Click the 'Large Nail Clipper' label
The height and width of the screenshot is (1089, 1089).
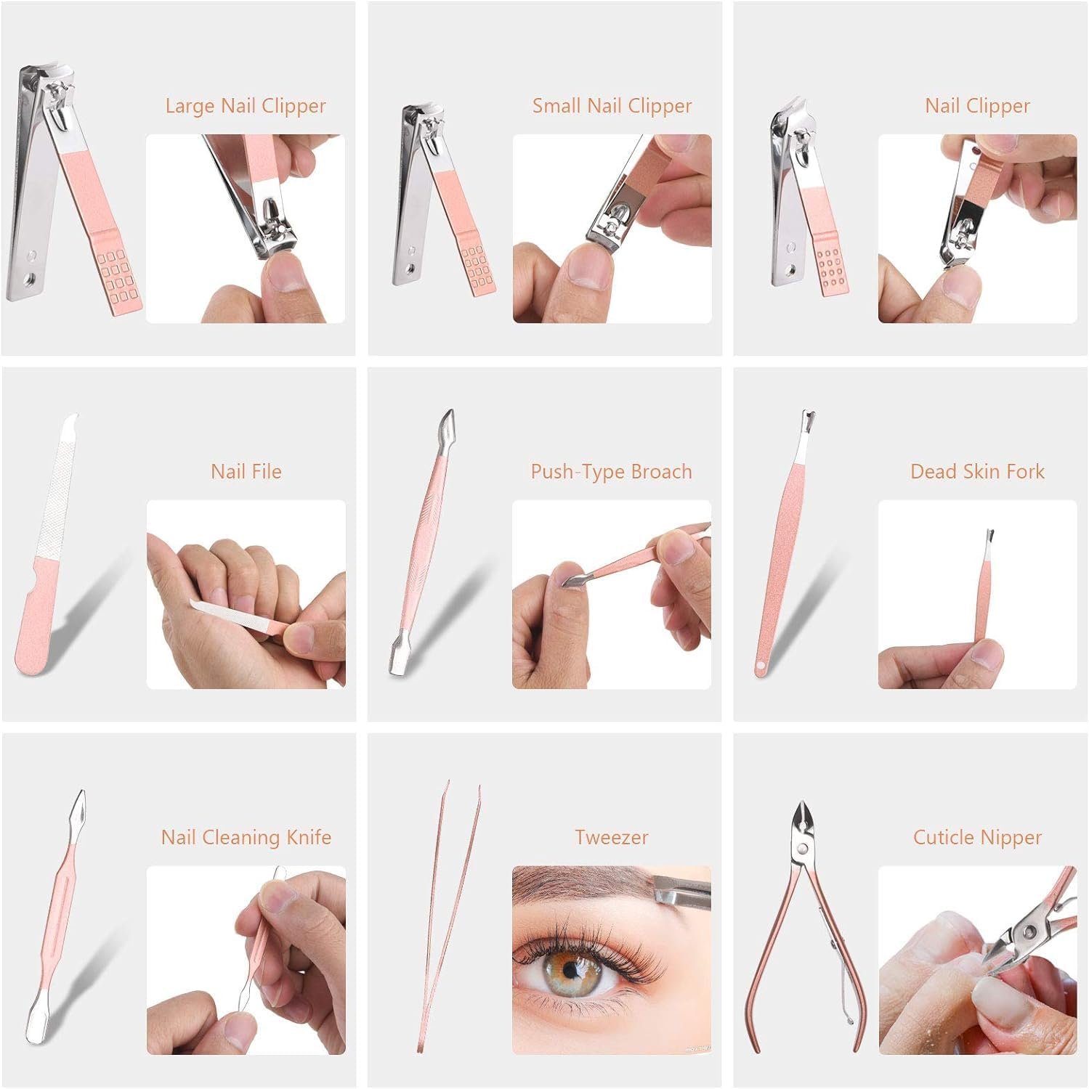[246, 106]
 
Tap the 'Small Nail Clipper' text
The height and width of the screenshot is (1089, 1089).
[612, 106]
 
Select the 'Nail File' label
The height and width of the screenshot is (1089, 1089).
[246, 472]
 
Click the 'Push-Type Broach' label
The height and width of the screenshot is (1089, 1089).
[611, 472]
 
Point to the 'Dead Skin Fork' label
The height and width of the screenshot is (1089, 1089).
[977, 472]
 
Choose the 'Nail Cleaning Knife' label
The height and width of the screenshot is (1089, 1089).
[246, 838]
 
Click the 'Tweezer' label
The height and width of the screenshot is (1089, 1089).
[612, 838]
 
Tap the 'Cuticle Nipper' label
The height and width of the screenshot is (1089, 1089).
[977, 838]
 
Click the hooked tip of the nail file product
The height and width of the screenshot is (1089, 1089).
[71, 422]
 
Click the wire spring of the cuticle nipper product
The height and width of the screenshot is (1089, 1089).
[841, 980]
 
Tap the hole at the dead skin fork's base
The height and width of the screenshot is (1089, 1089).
[761, 665]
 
